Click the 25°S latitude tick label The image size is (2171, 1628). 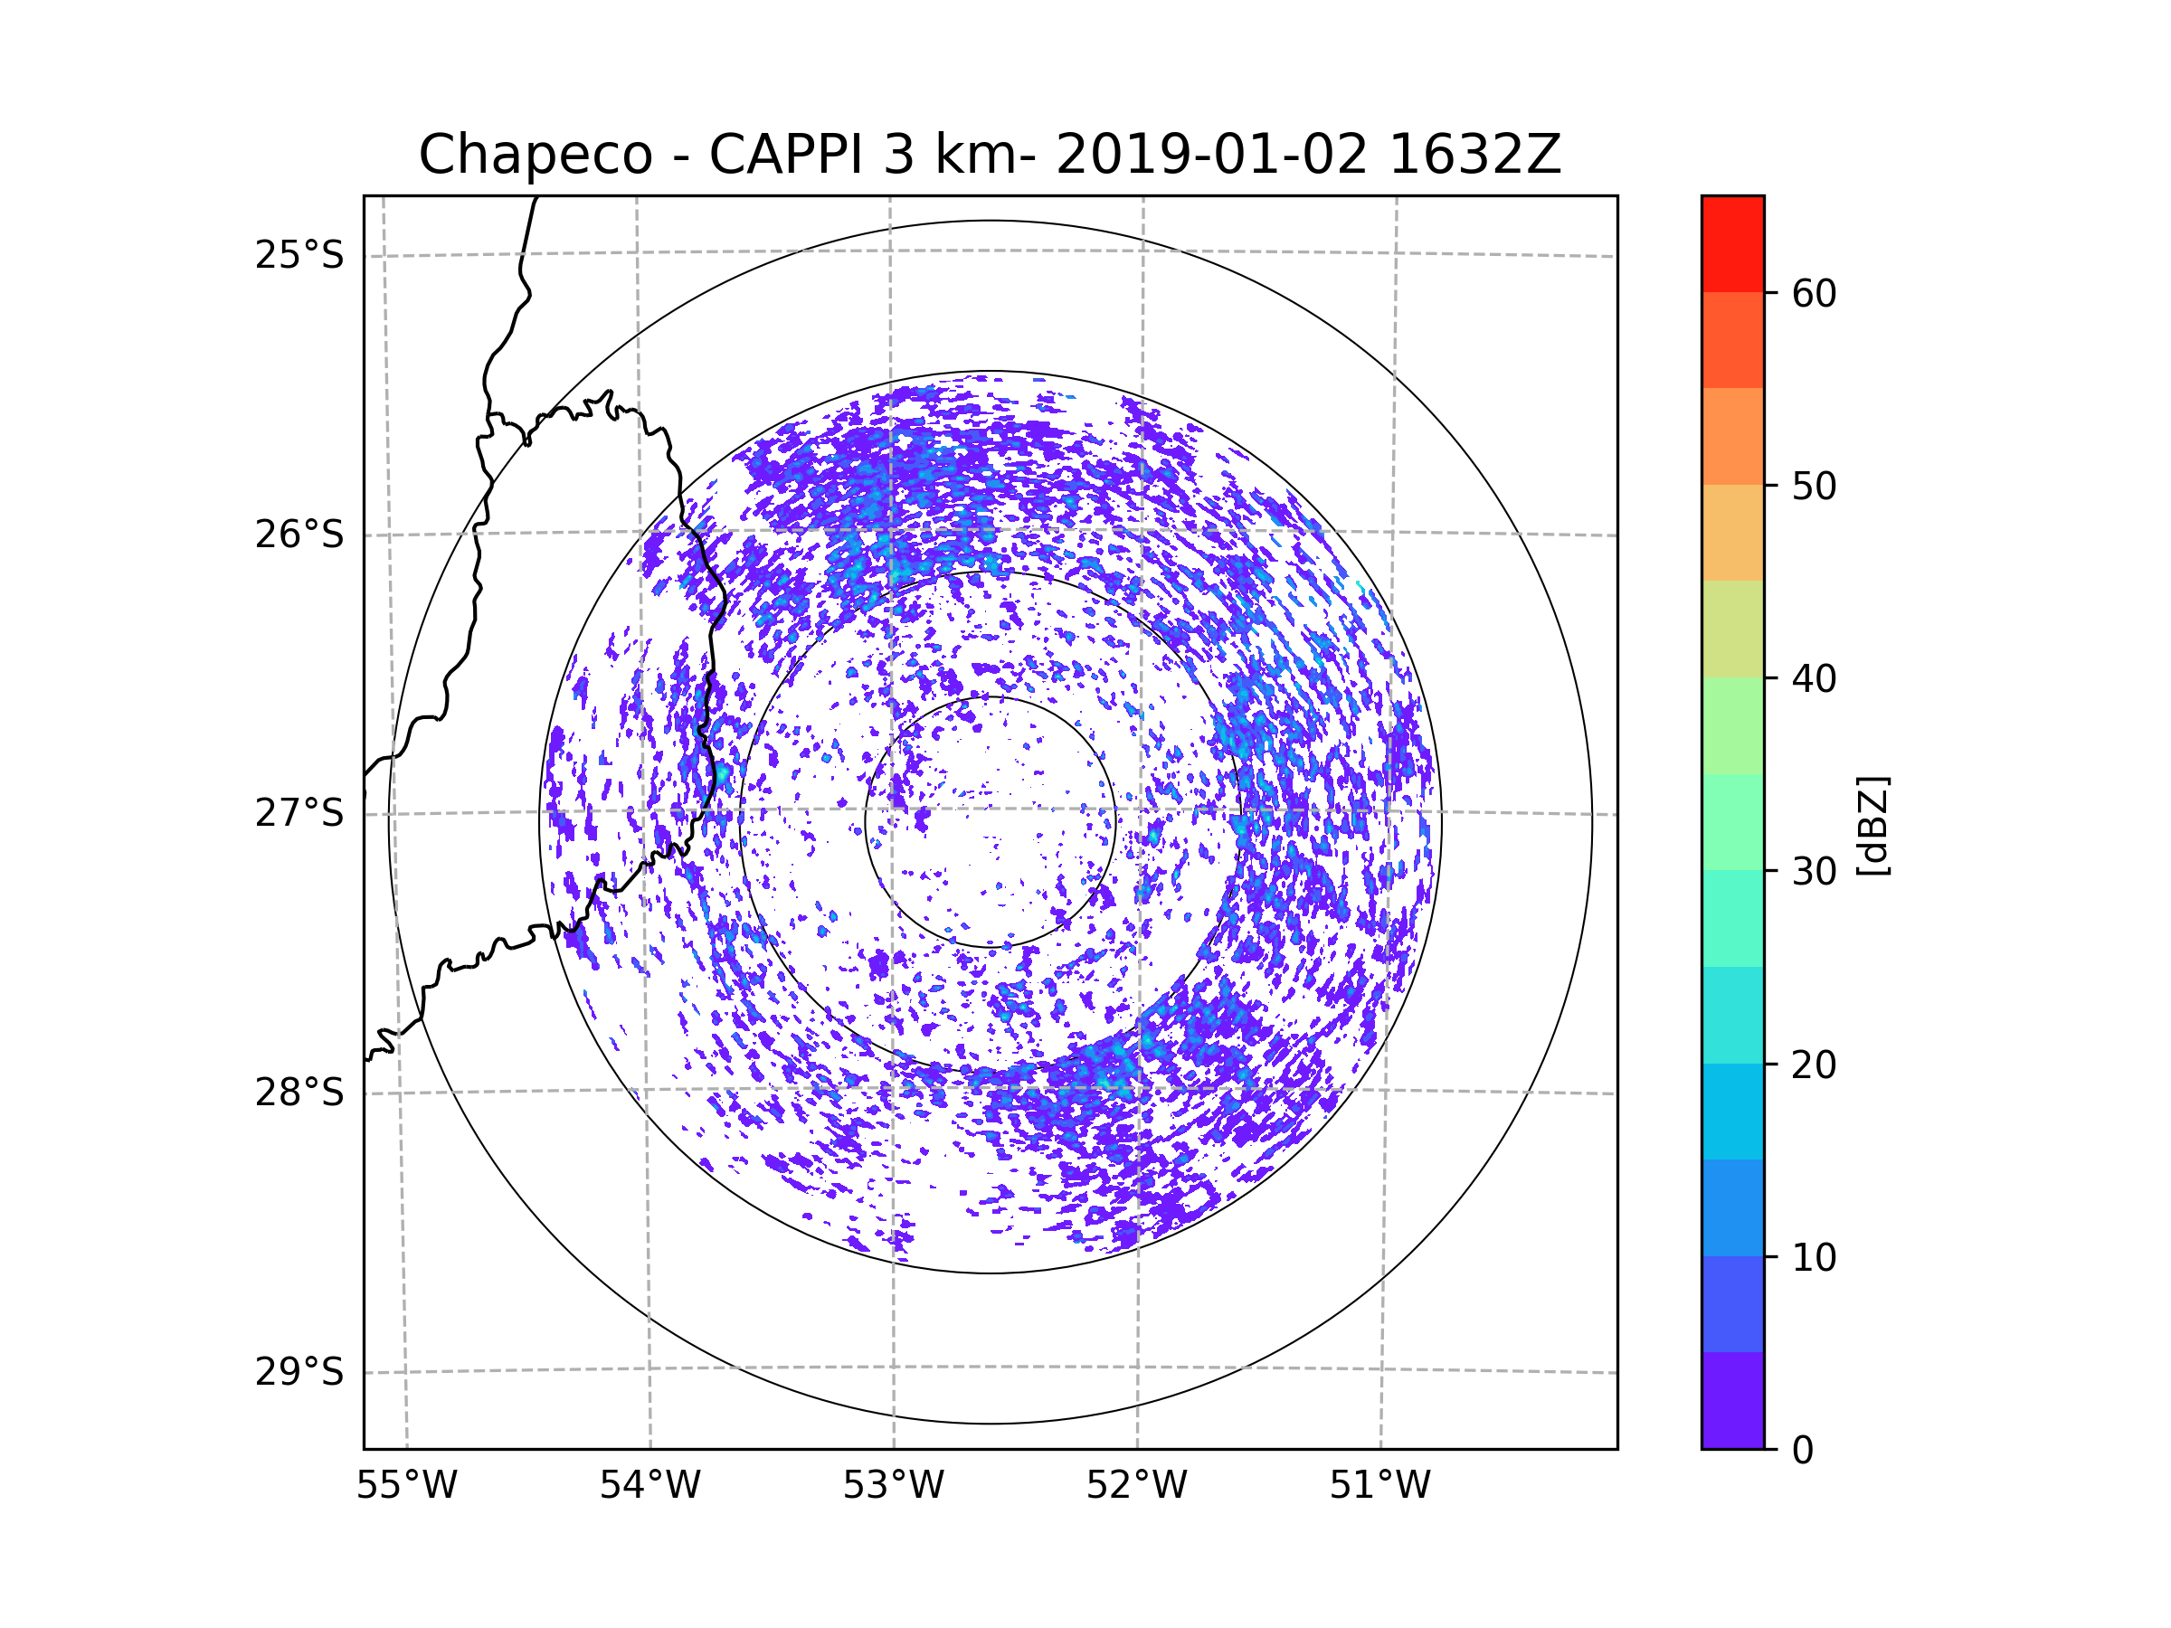(x=299, y=255)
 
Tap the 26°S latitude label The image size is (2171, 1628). (x=299, y=535)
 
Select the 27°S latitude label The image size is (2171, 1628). (x=299, y=813)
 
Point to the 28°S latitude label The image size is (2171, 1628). (x=299, y=1093)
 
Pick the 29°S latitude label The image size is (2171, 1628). (x=299, y=1372)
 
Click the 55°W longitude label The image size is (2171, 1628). (x=406, y=1486)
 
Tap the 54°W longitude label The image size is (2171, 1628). (x=649, y=1486)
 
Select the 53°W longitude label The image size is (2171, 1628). (x=893, y=1486)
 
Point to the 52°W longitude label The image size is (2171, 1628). (x=1136, y=1486)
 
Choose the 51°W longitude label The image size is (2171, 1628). (x=1379, y=1486)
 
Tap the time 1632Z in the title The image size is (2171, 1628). (x=1475, y=155)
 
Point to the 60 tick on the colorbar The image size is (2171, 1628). (x=1814, y=293)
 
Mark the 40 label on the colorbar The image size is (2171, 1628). (x=1814, y=678)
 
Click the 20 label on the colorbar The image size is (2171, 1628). (x=1814, y=1065)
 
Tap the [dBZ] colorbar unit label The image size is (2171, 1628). (x=1873, y=825)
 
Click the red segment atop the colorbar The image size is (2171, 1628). (x=1732, y=244)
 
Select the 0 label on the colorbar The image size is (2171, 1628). (x=1803, y=1451)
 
